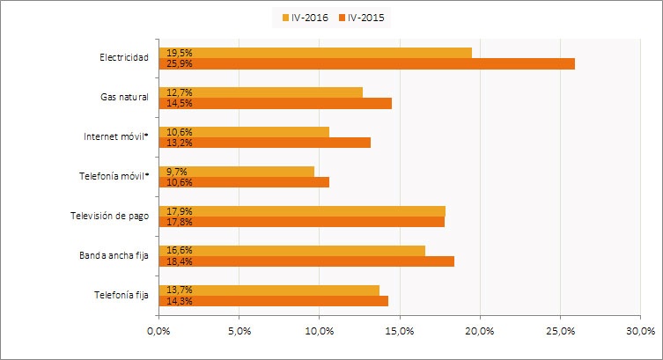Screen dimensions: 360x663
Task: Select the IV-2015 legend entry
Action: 360,17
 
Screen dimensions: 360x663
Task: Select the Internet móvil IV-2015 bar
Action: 264,143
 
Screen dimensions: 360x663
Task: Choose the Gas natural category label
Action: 124,98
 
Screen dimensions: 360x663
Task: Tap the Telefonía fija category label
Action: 122,296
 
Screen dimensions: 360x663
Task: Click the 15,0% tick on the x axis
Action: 400,331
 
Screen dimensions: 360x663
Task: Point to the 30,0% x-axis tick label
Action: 641,331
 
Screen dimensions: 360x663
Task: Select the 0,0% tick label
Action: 158,331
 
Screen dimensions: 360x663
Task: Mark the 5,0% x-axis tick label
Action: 239,331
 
